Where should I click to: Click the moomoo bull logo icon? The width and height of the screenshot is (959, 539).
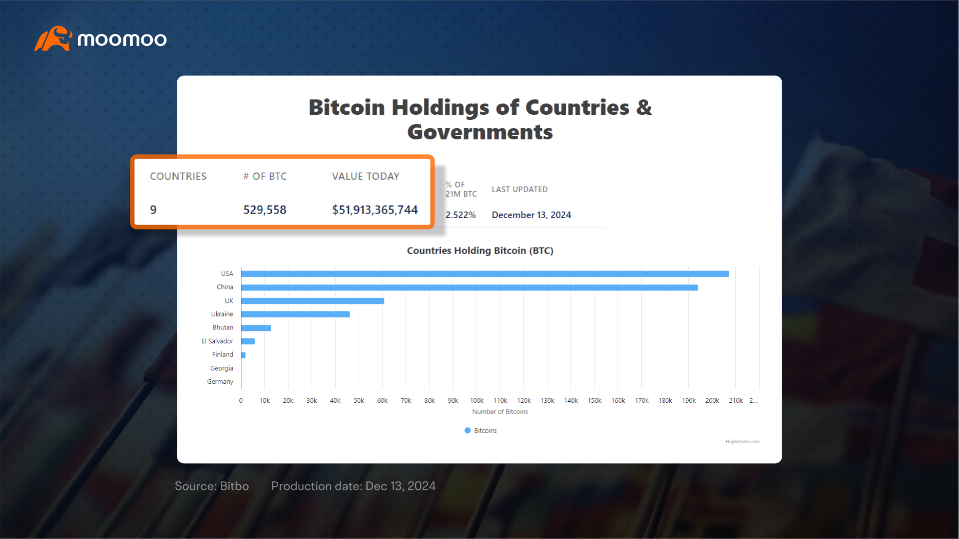coord(53,38)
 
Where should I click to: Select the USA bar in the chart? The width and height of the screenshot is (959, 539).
coord(485,274)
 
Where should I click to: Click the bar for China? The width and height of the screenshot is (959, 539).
coord(470,287)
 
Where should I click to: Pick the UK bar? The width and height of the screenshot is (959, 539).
coord(313,301)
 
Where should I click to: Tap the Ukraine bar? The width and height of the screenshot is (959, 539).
coord(296,314)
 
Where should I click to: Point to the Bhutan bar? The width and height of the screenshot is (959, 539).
coord(256,328)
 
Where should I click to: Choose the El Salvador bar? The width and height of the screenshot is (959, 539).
coord(248,341)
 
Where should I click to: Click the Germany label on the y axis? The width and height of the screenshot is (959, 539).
coord(220,382)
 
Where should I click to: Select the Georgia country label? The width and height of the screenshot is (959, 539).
coord(222,368)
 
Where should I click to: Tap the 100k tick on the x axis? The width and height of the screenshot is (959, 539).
coord(477,400)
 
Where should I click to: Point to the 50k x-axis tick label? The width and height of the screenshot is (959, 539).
coord(359,400)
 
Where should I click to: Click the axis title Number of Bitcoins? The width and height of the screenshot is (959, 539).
coord(500,412)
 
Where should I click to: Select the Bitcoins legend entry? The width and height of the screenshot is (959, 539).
coord(480,430)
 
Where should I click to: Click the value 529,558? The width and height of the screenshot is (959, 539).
coord(265,210)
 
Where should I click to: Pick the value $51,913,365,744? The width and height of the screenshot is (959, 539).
coord(375,210)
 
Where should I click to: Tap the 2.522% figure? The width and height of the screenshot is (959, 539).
coord(461,215)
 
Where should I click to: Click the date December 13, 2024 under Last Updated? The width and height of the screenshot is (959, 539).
coord(531,215)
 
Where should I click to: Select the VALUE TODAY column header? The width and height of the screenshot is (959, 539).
coord(366,176)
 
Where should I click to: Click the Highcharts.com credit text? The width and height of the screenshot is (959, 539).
coord(742,442)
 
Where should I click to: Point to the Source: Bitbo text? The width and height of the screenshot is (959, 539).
coord(212,486)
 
